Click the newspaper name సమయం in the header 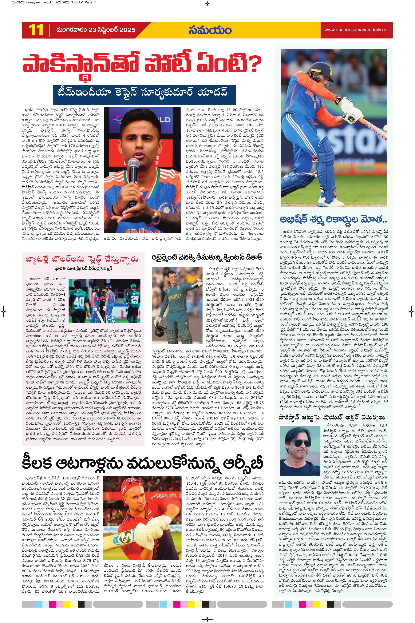210,30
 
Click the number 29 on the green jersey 134,299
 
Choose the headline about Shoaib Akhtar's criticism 332,417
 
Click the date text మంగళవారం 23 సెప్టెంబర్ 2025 96,30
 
